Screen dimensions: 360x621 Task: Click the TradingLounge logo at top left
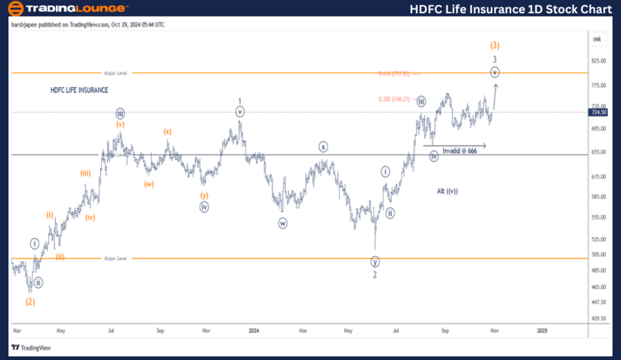click(67, 8)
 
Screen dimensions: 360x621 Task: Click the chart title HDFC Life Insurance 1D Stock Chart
click(510, 9)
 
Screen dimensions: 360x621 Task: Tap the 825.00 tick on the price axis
click(598, 61)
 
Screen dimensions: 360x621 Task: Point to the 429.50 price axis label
click(598, 319)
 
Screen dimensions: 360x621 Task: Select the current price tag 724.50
click(598, 112)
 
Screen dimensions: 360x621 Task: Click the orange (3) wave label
click(495, 46)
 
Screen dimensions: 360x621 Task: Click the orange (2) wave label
click(30, 301)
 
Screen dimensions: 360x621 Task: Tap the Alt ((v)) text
click(448, 190)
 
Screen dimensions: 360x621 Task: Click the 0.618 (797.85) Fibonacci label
click(394, 74)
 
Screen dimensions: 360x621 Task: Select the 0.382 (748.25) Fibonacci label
click(395, 99)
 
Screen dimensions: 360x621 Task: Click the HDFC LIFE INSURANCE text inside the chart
click(79, 90)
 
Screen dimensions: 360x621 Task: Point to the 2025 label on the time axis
click(542, 330)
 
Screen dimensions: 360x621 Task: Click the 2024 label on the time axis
click(253, 330)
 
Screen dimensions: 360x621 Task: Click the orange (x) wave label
click(167, 131)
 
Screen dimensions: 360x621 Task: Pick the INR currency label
click(597, 39)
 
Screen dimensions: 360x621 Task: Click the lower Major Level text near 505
click(116, 258)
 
